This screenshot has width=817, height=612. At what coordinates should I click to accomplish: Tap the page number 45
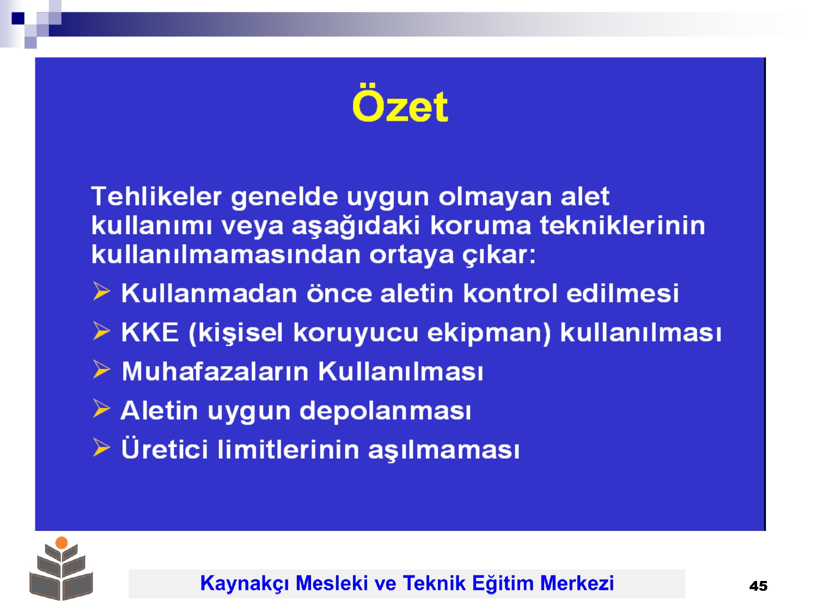(x=758, y=586)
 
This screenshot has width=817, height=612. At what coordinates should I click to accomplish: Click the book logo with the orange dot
(x=62, y=568)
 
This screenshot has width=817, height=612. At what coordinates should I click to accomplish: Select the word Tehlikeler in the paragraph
(x=157, y=196)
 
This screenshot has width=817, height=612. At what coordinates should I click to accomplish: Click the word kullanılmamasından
(x=226, y=255)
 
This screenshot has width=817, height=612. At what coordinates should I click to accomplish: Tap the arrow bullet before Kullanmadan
(x=101, y=291)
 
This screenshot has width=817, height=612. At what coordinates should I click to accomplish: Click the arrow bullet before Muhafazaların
(x=101, y=369)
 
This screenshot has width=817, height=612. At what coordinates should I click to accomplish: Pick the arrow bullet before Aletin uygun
(x=101, y=409)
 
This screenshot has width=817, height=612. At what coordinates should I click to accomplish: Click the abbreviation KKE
(x=150, y=332)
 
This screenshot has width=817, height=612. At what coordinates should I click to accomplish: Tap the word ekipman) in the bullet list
(x=489, y=333)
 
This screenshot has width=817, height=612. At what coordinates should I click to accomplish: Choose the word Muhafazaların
(x=216, y=371)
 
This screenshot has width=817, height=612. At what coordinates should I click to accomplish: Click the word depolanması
(x=385, y=411)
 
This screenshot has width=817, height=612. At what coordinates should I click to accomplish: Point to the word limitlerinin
(x=288, y=449)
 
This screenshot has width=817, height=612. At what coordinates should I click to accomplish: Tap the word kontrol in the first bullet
(x=510, y=293)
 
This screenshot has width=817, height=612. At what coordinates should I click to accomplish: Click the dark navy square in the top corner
(x=18, y=18)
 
